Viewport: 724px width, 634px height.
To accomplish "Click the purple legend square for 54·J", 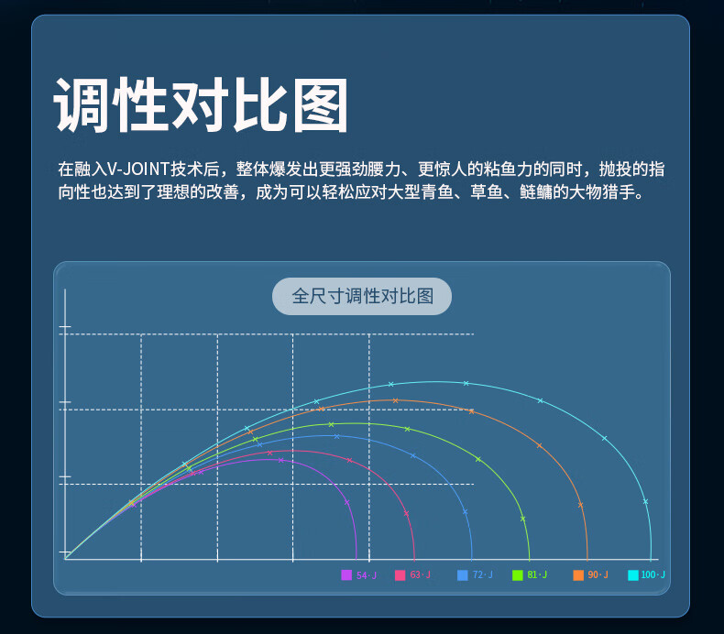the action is click(346, 574).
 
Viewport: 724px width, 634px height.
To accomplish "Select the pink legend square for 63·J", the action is click(400, 574).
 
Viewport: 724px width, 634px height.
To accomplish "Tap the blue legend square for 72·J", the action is click(462, 574).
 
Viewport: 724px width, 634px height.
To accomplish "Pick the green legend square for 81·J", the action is click(518, 574).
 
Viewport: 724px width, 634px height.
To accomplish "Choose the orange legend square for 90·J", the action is click(578, 574).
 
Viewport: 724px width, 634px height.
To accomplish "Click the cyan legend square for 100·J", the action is click(633, 574).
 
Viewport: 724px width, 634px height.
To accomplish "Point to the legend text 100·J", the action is click(653, 574).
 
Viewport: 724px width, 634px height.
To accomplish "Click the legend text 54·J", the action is click(367, 574).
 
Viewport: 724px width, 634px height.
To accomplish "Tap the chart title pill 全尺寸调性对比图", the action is click(362, 297).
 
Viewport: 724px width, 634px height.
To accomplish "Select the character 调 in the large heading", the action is click(82, 104).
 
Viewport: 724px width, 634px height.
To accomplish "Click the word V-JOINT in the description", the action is click(138, 169).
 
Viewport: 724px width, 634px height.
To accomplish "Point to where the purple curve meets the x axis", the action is click(357, 559).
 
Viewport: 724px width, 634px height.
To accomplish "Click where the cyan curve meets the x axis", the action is click(651, 559).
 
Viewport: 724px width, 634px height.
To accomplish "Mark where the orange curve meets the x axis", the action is click(587, 559).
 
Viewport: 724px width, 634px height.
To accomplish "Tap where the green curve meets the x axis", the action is click(529, 559).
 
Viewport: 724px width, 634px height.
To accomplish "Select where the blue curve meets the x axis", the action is click(472, 559).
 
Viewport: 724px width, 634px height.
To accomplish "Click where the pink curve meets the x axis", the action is click(414, 559).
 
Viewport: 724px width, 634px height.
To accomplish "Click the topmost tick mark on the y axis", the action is click(65, 326).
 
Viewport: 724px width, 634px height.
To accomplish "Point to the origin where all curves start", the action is click(66, 559).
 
